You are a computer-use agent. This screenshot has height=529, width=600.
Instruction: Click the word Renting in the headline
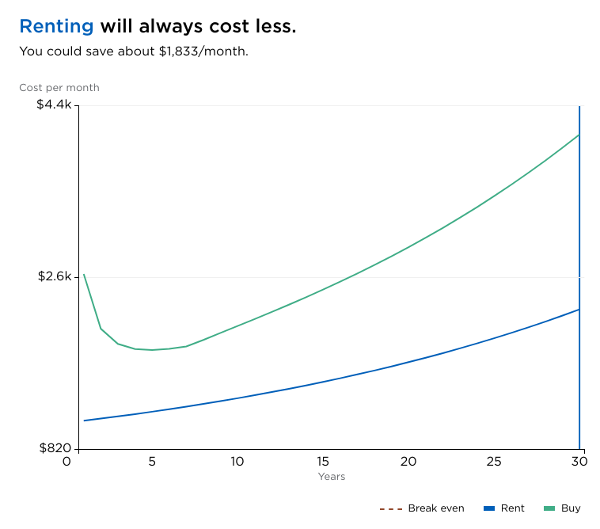(56, 26)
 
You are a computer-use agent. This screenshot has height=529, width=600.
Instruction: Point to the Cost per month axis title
(59, 88)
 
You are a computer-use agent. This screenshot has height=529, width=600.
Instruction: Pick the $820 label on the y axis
(55, 449)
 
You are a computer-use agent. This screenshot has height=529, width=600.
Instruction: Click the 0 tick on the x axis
(66, 462)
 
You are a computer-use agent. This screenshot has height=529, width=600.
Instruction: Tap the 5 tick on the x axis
(152, 462)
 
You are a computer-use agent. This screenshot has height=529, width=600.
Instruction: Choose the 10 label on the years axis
(237, 462)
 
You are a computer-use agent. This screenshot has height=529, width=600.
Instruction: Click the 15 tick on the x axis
(323, 462)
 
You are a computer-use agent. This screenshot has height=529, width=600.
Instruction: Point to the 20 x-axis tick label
(408, 462)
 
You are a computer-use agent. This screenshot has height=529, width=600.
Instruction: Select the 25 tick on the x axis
(494, 462)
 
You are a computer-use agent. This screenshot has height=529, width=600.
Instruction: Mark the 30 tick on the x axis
(579, 462)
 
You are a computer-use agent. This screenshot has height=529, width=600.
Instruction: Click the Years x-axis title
(332, 477)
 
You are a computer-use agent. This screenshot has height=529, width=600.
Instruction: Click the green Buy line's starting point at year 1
(84, 274)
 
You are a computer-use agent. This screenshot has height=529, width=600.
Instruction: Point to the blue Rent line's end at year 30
(579, 309)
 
